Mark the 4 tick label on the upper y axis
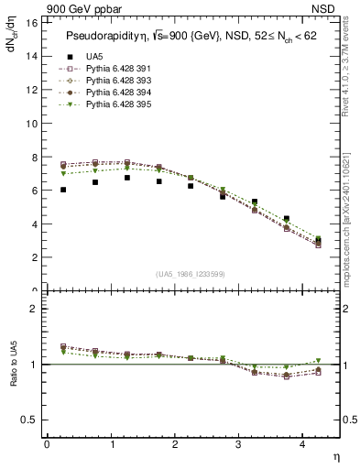tap(33, 224)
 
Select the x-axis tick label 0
tap(47, 443)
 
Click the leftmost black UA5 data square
tap(63, 190)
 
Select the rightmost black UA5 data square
tap(318, 240)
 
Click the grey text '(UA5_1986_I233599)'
tap(190, 275)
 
